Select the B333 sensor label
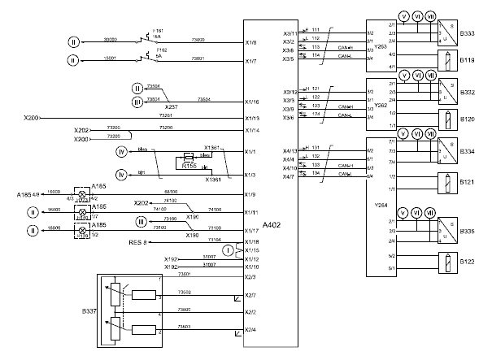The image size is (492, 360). tap(467, 34)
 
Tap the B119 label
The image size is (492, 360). tap(467, 59)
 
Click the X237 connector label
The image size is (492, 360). tap(172, 106)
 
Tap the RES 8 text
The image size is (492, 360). tap(136, 242)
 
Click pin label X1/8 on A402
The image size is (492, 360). tap(251, 41)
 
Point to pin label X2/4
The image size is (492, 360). tap(251, 329)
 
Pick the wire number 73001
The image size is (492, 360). tap(197, 59)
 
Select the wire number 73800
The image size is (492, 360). tap(184, 310)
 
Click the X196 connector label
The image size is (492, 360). tap(193, 216)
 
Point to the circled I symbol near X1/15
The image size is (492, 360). tap(229, 249)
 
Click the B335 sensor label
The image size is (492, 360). tap(467, 231)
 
